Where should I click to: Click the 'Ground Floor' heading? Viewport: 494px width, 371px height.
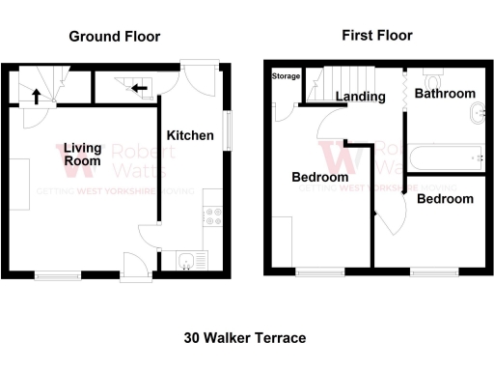point(114,37)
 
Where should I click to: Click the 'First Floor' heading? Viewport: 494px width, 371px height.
point(376,36)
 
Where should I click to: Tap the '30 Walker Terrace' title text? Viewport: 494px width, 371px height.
point(245,338)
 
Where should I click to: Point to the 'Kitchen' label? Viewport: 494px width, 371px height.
point(190,135)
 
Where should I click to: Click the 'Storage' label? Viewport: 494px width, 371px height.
point(286,75)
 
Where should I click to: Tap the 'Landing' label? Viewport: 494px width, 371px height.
point(354,96)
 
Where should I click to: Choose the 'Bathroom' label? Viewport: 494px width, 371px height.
point(445,94)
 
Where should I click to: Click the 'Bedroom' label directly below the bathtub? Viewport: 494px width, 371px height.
point(445,198)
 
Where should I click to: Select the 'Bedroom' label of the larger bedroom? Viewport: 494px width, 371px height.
point(320,177)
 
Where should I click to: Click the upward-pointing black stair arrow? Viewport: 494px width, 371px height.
point(36,96)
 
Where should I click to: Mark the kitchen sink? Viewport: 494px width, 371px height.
point(187,259)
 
